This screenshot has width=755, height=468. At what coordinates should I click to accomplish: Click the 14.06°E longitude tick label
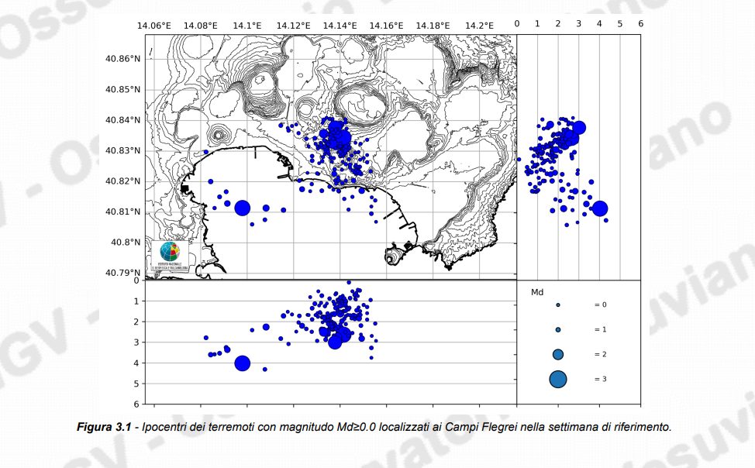pos(154,26)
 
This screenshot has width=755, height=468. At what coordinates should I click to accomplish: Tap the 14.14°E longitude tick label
pos(340,26)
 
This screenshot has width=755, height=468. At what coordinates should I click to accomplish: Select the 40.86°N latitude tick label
pos(124,59)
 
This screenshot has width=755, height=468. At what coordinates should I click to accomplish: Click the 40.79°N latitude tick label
pos(124,273)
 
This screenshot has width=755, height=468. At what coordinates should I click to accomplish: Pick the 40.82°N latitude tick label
pos(124,181)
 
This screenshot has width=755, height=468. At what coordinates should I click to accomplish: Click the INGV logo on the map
pos(169,254)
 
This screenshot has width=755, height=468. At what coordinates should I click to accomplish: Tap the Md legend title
pos(536,293)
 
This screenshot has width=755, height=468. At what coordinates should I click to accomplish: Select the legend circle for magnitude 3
pos(558,379)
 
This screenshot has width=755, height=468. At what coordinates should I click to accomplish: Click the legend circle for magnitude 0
pos(558,305)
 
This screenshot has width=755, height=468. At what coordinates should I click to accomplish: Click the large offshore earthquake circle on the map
pos(242,208)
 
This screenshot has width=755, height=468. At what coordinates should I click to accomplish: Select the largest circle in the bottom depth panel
pos(242,363)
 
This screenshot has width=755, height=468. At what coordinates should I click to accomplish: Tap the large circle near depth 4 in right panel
pos(599,208)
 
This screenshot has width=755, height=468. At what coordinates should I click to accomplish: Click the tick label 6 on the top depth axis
pos(640,24)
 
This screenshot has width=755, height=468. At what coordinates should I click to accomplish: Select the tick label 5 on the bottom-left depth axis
pos(136,384)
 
